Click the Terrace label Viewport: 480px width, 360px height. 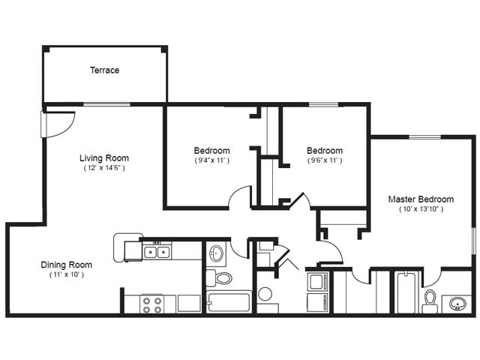(105, 70)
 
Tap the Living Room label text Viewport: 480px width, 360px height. (104, 158)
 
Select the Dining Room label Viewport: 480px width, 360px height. (67, 265)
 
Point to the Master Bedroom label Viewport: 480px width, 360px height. (421, 199)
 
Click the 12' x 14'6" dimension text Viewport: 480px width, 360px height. (104, 168)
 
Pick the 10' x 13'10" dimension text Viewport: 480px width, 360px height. (421, 209)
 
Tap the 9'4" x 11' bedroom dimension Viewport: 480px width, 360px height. (212, 160)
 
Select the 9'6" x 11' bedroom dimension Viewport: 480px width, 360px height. (325, 160)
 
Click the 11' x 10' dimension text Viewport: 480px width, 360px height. (67, 274)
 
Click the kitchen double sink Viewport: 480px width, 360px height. (157, 252)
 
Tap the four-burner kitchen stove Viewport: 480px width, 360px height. (152, 304)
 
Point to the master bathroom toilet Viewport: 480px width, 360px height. (430, 301)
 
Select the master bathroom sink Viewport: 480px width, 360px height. (458, 304)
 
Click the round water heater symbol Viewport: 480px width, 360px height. (265, 294)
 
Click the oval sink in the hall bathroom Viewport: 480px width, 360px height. (217, 253)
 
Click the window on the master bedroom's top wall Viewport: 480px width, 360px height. (425, 136)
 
